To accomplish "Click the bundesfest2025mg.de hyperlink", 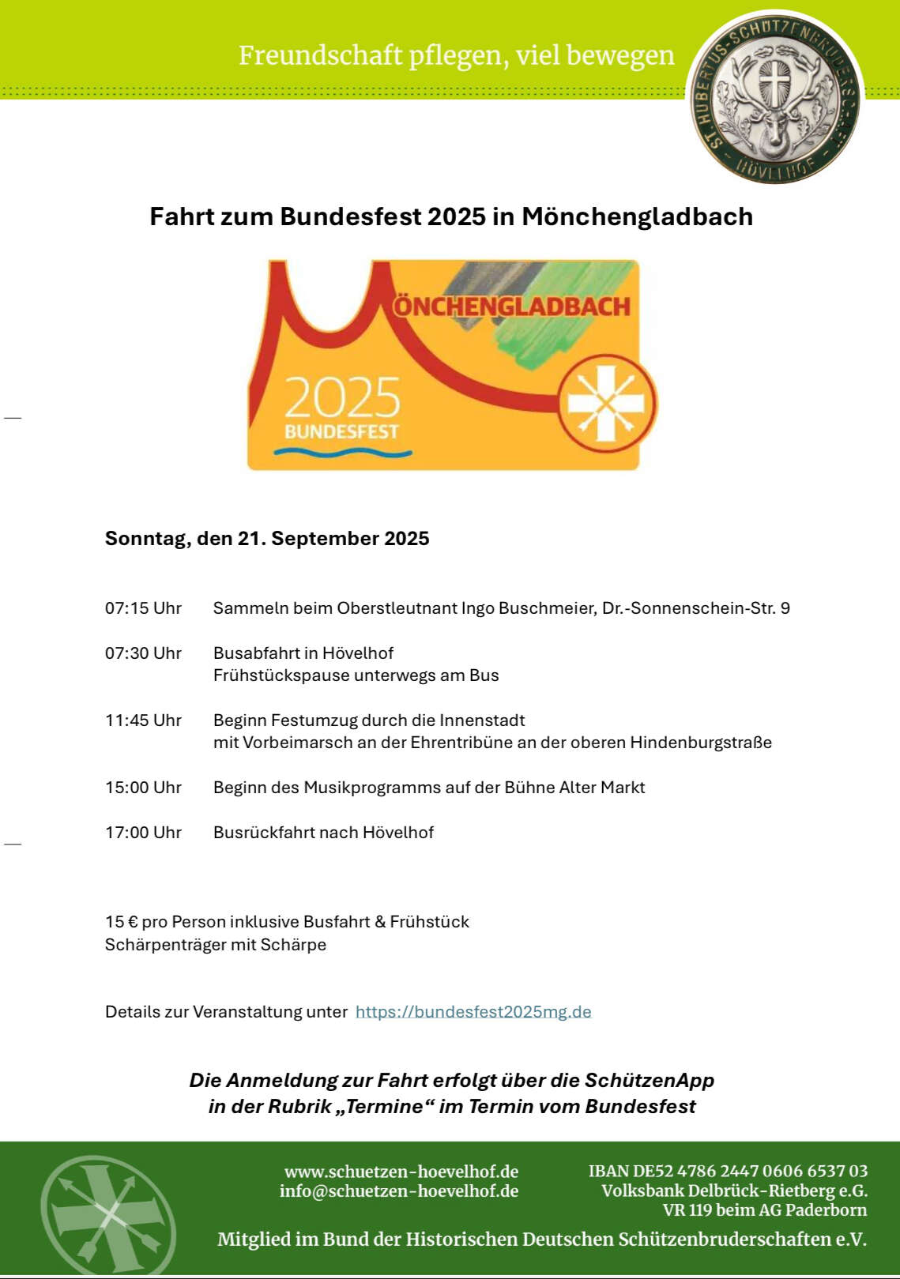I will point(473,1012).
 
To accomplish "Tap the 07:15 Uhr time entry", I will point(143,608).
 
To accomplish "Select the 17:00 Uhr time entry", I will point(143,833).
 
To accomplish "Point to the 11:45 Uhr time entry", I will point(143,720).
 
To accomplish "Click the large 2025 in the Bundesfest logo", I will point(342,397).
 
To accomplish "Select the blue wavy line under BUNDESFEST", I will point(343,453).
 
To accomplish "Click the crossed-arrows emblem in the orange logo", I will point(607,403).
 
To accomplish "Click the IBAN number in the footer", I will point(728,1171).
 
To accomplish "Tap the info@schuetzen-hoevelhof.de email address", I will point(399,1191).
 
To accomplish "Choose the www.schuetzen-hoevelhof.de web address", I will point(401,1171).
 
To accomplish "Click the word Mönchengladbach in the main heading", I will point(637,216).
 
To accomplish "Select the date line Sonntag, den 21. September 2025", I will point(267,539).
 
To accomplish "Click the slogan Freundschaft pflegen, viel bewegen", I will point(457,55).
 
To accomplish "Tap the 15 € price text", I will point(121,922).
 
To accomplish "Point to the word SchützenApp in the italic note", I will point(650,1080).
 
